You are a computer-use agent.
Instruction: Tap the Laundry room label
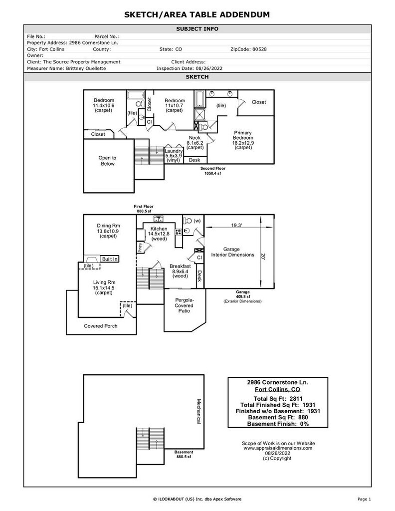tap(174, 156)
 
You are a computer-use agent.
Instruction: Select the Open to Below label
tap(107, 161)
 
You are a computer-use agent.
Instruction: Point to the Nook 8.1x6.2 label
tap(195, 142)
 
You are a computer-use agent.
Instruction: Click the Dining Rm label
tap(108, 231)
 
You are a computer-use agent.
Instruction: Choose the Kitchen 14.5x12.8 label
tap(158, 234)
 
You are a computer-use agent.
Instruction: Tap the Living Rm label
tap(104, 287)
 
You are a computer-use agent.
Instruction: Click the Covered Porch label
tap(100, 326)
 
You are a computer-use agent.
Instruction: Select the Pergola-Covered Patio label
tap(185, 305)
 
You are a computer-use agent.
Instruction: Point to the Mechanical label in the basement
tap(198, 412)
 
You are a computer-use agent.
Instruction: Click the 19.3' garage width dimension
tap(236, 226)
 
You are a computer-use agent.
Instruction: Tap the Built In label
tap(110, 259)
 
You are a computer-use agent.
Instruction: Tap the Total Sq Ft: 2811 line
tap(278, 399)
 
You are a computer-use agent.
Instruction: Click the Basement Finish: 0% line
tap(278, 424)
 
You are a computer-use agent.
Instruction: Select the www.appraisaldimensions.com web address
tap(278, 448)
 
